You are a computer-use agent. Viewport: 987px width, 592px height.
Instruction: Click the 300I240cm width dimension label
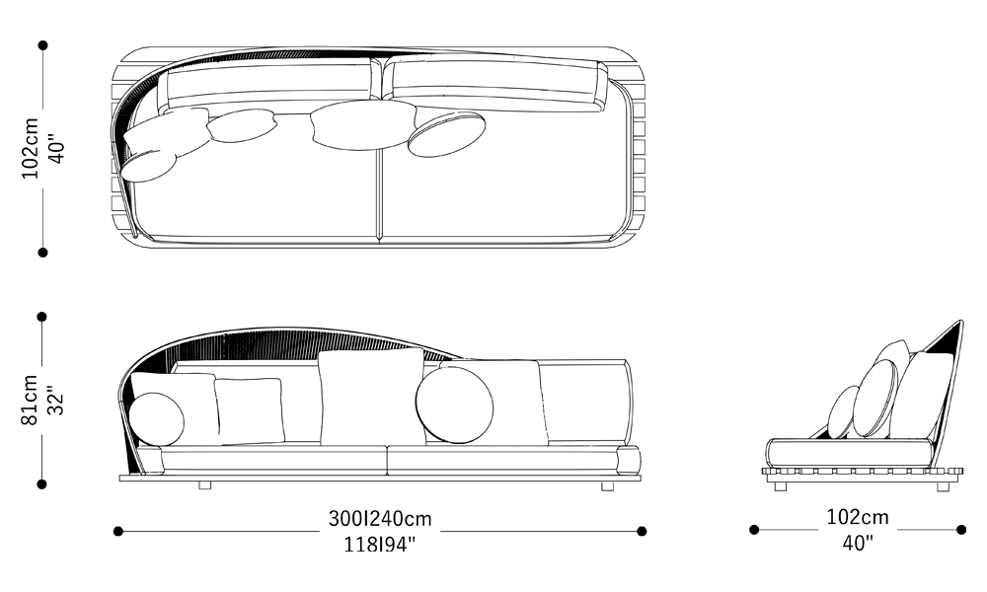pyautogui.click(x=380, y=519)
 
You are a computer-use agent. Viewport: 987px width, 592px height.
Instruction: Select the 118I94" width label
pyautogui.click(x=380, y=544)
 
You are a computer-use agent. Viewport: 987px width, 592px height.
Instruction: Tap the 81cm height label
pyautogui.click(x=30, y=401)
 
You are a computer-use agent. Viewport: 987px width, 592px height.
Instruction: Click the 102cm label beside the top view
pyautogui.click(x=30, y=148)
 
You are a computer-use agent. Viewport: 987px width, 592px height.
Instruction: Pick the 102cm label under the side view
pyautogui.click(x=858, y=517)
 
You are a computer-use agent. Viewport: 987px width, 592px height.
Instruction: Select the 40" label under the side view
pyautogui.click(x=858, y=543)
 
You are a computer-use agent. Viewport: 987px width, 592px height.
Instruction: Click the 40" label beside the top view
pyautogui.click(x=56, y=149)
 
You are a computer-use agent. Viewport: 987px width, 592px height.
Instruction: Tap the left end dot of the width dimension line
pyautogui.click(x=117, y=532)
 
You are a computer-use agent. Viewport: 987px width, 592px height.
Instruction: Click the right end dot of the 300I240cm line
pyautogui.click(x=642, y=532)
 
